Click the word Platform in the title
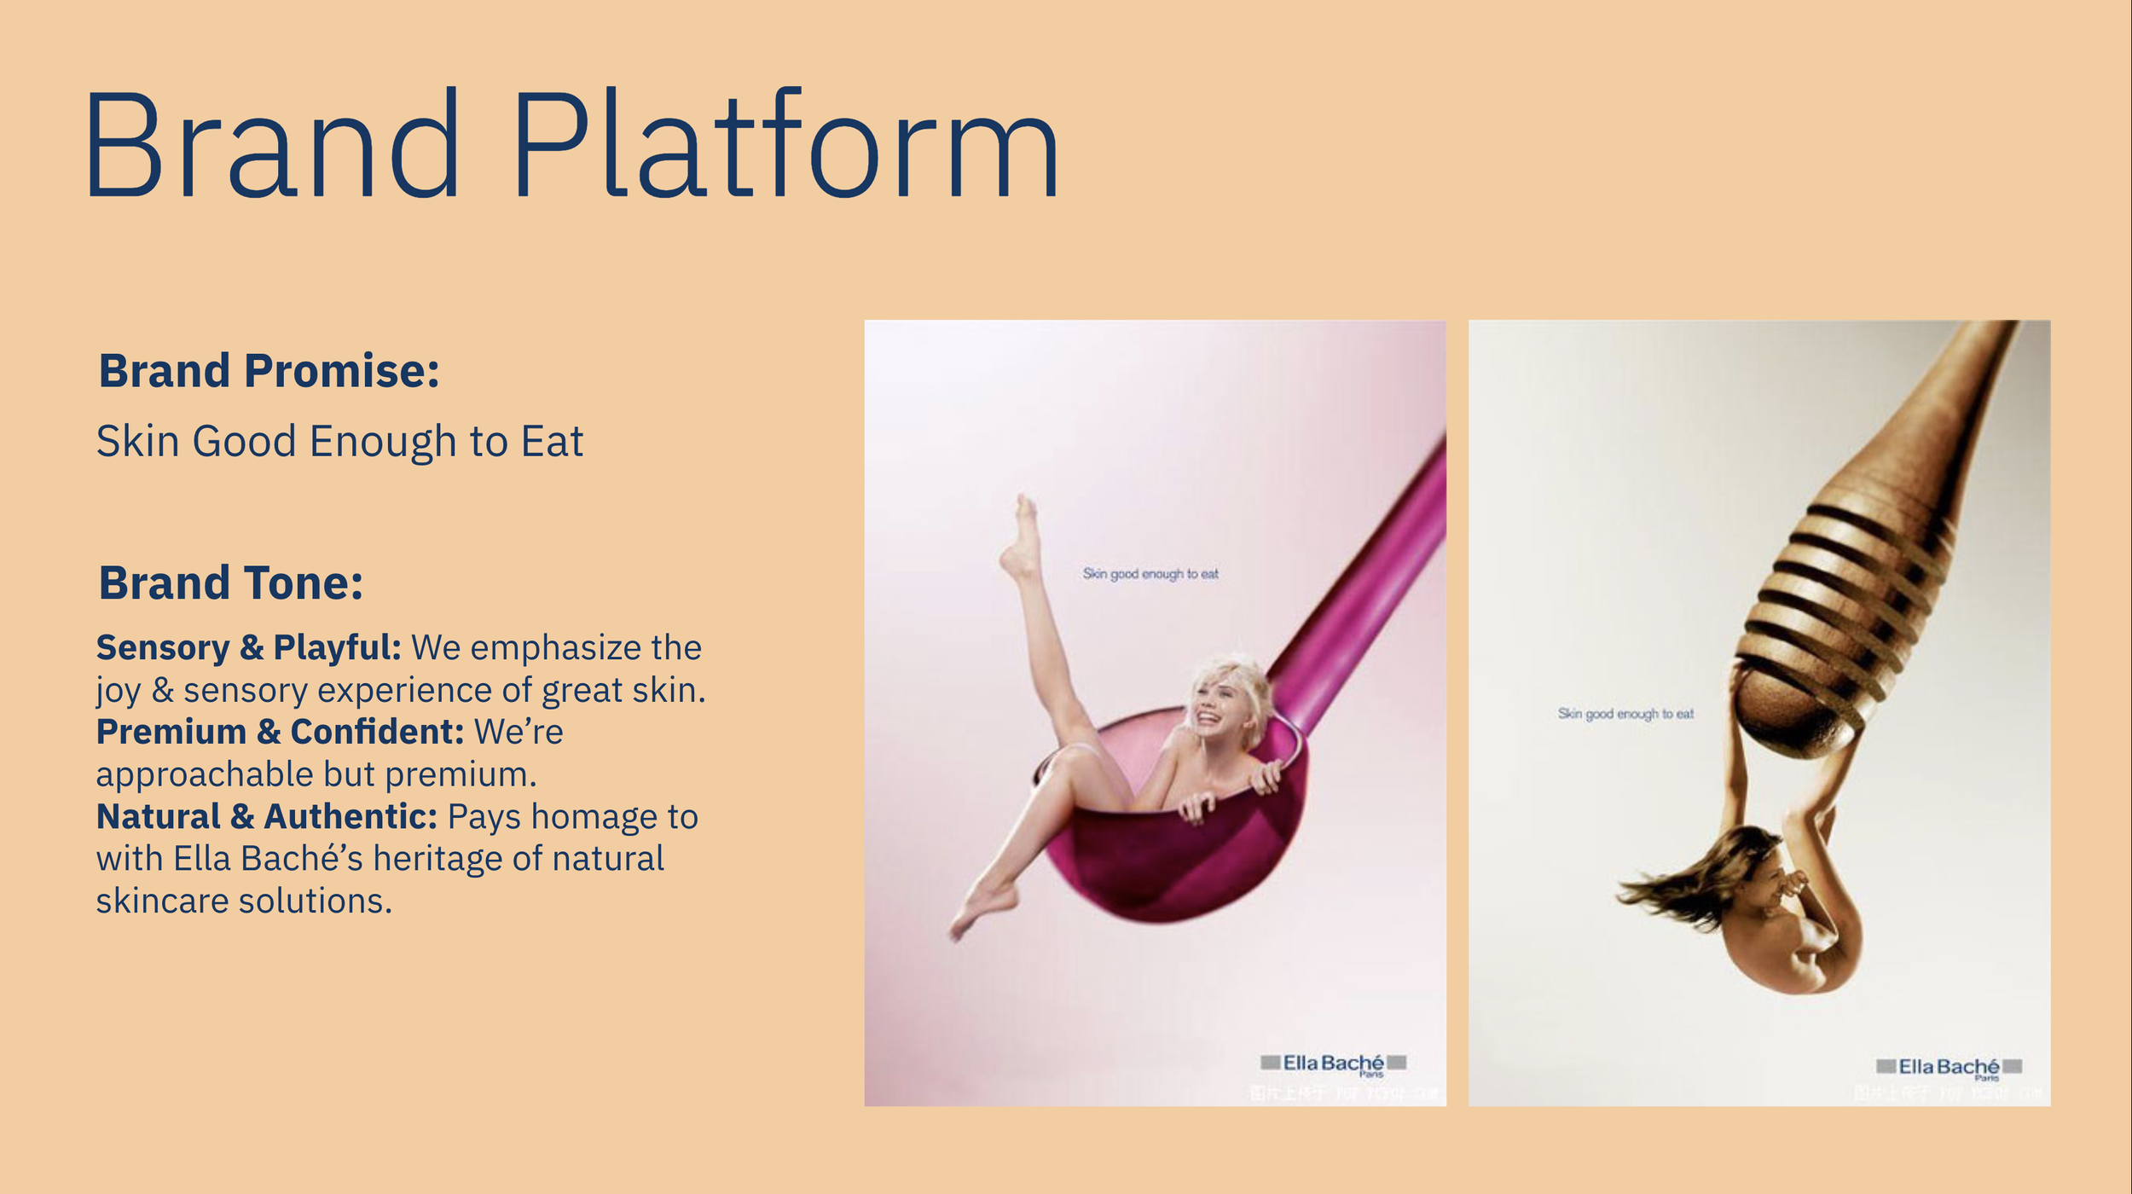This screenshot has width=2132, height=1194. [785, 145]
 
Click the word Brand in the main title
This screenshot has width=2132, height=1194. [273, 145]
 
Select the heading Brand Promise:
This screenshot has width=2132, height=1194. [269, 371]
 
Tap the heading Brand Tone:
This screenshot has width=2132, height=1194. [230, 583]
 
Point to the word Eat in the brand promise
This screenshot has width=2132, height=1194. [552, 442]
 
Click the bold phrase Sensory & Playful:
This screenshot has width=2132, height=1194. [248, 648]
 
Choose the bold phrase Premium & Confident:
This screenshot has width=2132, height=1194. [280, 733]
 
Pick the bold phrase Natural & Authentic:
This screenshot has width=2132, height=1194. [266, 817]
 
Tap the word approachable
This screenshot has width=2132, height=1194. [204, 774]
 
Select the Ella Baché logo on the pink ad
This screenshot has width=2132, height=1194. [1333, 1063]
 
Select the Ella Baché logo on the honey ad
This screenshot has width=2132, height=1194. [1949, 1066]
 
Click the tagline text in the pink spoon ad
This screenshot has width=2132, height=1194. [1150, 574]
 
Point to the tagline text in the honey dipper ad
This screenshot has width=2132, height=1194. [1625, 714]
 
